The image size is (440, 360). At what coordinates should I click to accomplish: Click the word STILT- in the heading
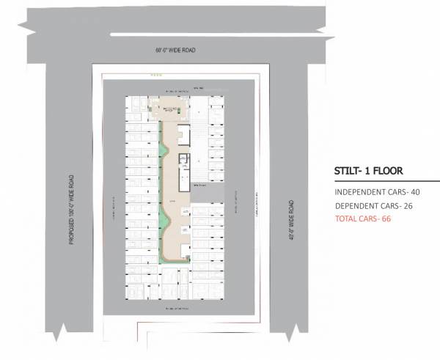(345, 172)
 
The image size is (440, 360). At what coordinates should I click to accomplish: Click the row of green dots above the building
(155, 75)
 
